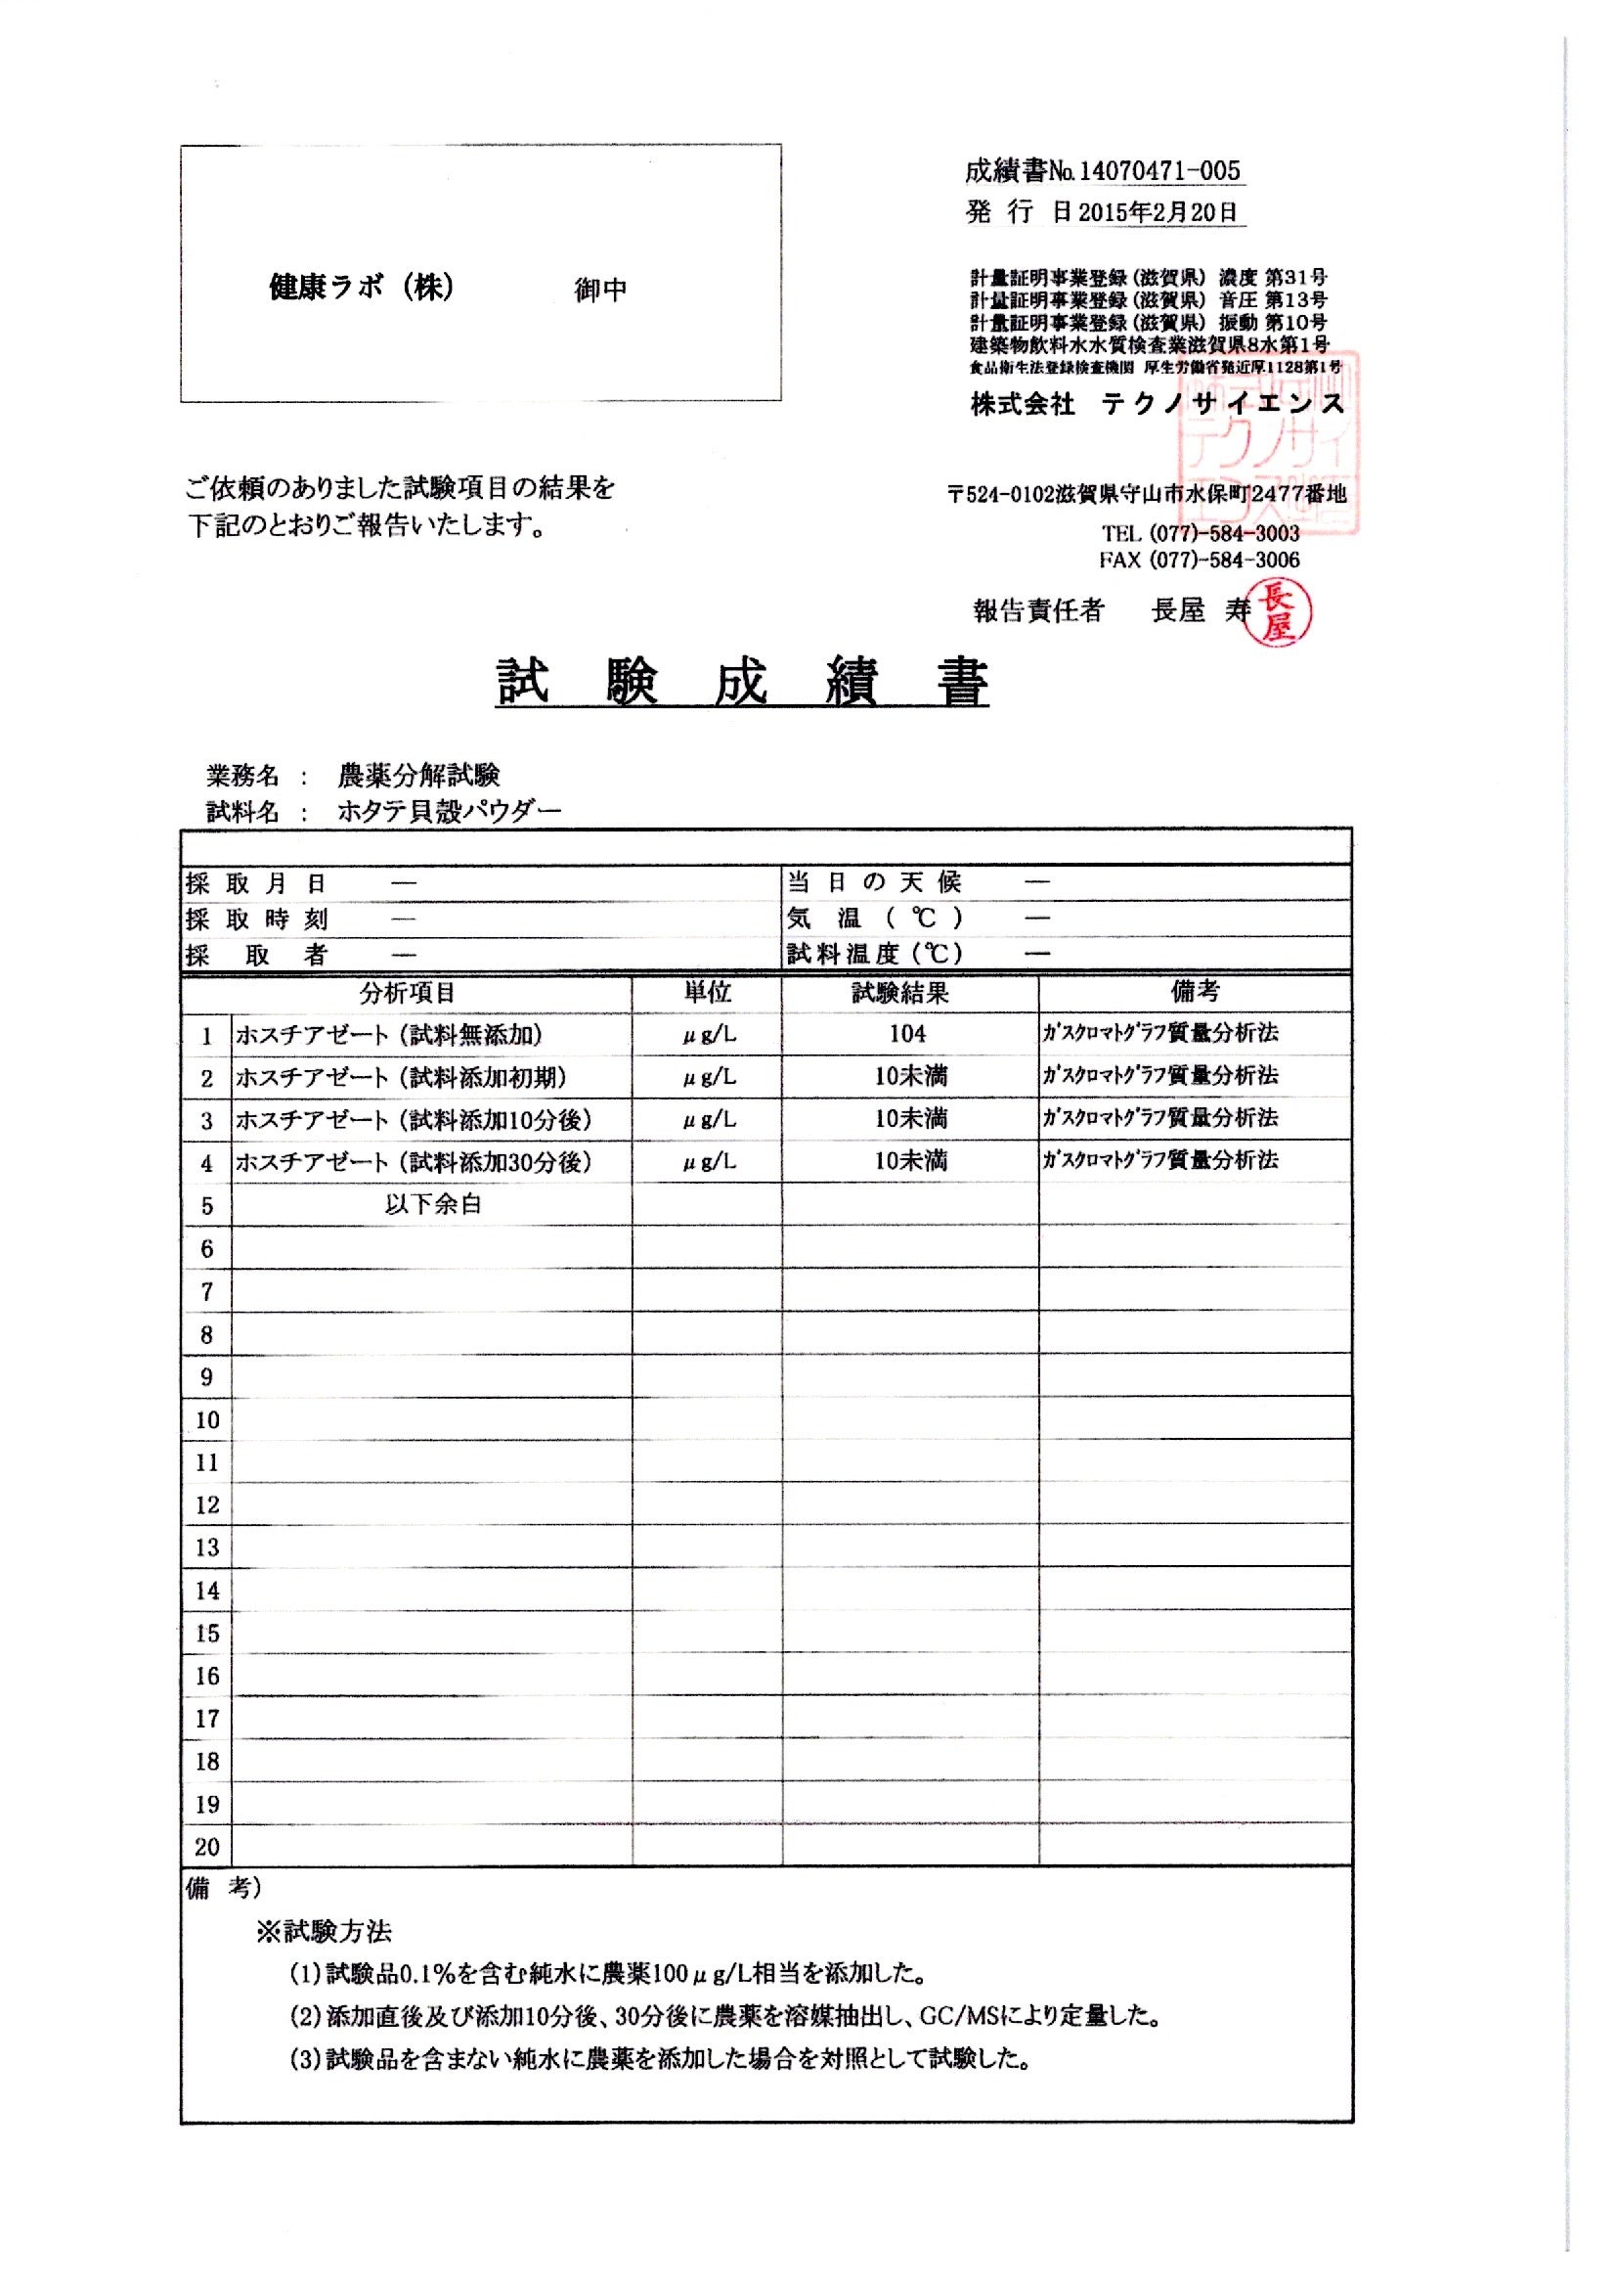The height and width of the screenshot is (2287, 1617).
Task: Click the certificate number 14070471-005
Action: [x=1159, y=171]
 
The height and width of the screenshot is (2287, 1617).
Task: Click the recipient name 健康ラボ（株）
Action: [x=362, y=288]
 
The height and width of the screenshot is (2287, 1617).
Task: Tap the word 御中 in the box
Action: [x=600, y=290]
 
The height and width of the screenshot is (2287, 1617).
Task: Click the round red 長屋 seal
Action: [x=1280, y=612]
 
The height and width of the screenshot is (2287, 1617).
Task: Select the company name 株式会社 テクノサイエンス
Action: [x=1157, y=404]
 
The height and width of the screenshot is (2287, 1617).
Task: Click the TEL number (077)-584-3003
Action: [x=1224, y=533]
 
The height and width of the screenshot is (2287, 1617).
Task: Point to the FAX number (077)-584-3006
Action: [x=1224, y=560]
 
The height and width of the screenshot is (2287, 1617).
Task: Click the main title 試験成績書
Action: [x=742, y=684]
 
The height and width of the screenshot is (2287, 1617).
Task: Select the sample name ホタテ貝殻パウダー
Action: [x=449, y=812]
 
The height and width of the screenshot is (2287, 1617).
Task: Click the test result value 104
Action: [x=907, y=1034]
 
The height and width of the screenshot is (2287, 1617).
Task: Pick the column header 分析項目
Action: [x=407, y=992]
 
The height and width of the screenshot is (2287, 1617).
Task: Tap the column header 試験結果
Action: [x=900, y=992]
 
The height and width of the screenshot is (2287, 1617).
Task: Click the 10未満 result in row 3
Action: [x=910, y=1119]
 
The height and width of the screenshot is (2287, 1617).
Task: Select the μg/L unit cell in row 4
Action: [x=709, y=1161]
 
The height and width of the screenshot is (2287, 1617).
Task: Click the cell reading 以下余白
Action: [x=433, y=1204]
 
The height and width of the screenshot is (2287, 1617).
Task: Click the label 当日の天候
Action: [x=873, y=881]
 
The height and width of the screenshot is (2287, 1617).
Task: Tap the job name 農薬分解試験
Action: [x=418, y=775]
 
